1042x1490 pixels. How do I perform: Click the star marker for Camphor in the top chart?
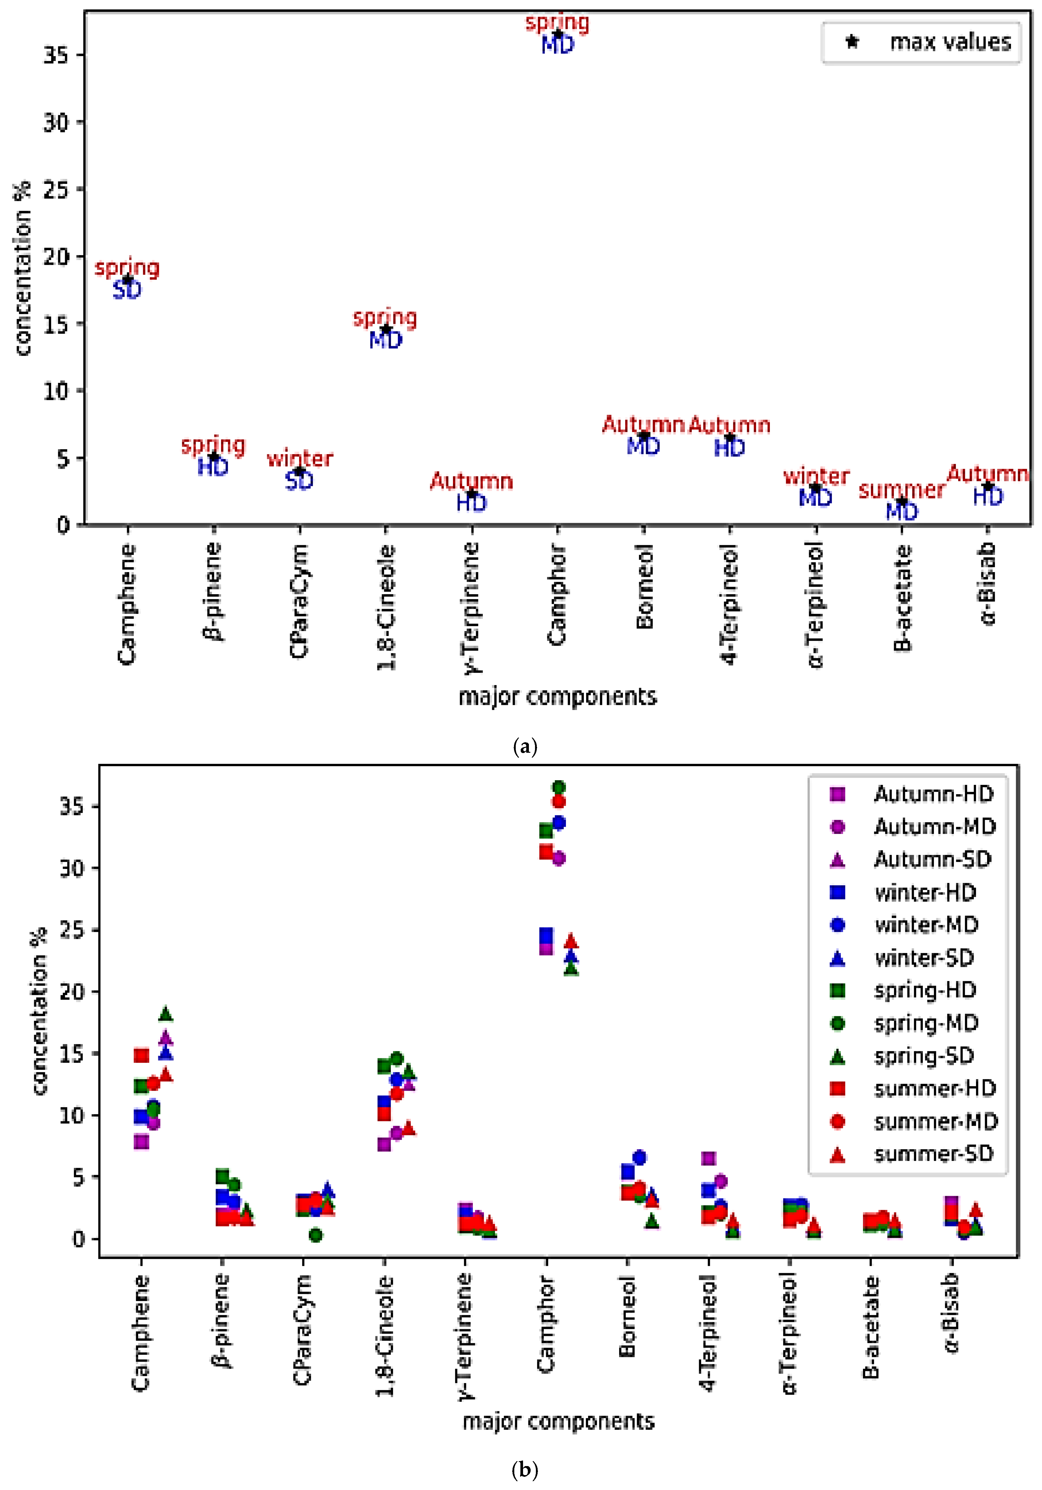(557, 34)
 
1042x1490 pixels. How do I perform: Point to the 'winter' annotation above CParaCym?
(299, 458)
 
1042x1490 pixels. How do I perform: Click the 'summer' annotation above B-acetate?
(901, 490)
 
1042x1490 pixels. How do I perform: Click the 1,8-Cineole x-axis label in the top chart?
(386, 607)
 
